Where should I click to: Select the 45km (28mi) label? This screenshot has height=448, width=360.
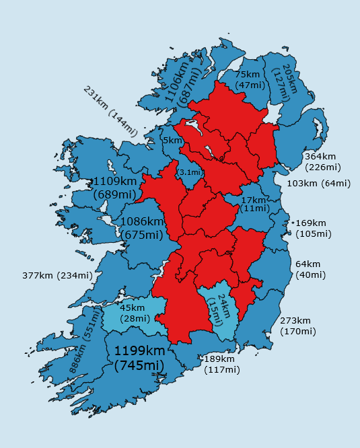coord(135,313)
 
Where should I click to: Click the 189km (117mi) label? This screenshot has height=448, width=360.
coord(221,364)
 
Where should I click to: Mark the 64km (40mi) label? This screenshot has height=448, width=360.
coord(310,269)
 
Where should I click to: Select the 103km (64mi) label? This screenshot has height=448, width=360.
coord(318,183)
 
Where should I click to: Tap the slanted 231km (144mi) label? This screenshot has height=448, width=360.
coord(110,111)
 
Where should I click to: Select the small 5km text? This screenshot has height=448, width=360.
coord(173,141)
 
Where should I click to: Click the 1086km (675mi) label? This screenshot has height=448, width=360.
coord(141,227)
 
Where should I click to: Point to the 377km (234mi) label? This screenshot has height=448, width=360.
coord(57,275)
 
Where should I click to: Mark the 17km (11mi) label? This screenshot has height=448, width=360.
coord(254,204)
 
